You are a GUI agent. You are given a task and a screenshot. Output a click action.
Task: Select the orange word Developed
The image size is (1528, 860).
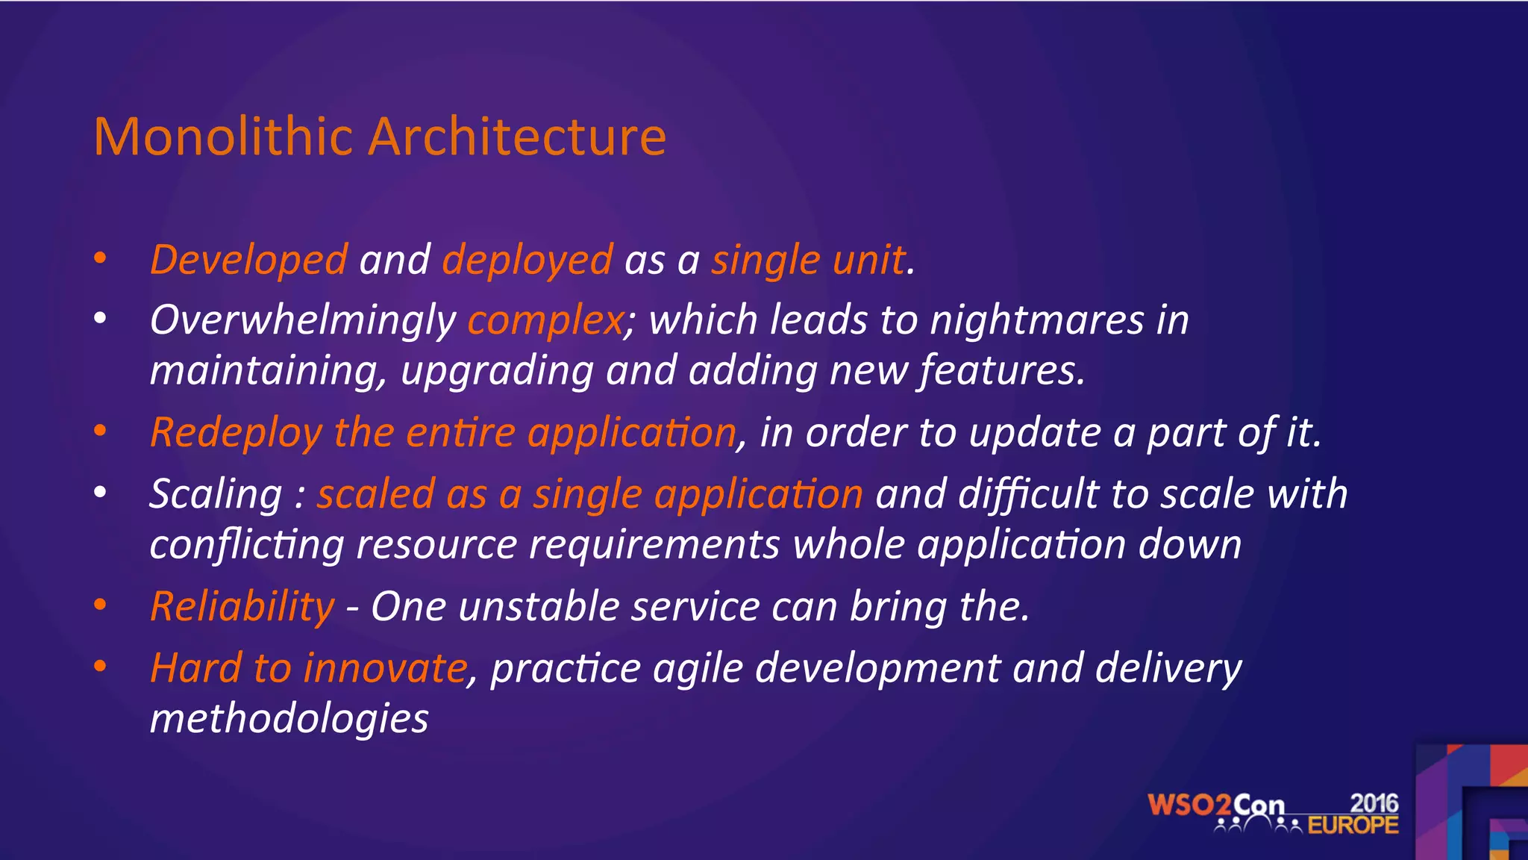[248, 261]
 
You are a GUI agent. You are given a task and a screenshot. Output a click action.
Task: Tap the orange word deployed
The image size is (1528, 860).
[527, 261]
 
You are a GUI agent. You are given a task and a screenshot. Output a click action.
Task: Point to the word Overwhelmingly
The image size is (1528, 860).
[302, 320]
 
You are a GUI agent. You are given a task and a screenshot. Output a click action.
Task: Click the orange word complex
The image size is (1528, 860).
[545, 320]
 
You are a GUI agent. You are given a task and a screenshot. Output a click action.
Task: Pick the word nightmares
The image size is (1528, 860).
[1037, 320]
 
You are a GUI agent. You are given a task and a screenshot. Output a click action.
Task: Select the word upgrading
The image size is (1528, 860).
[497, 371]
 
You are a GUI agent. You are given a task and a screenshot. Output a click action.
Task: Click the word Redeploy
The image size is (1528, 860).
[236, 433]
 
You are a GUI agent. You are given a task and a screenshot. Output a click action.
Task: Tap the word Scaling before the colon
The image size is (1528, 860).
[216, 494]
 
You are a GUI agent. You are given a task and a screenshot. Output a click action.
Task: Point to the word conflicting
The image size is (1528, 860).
[246, 545]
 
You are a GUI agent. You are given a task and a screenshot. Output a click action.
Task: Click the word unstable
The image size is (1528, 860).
[539, 606]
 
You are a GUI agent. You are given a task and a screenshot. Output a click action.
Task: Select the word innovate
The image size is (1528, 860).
[385, 668]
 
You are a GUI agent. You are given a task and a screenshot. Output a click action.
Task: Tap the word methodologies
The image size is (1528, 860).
[289, 719]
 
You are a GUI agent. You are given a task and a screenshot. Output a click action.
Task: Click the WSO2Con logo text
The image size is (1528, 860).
[1215, 806]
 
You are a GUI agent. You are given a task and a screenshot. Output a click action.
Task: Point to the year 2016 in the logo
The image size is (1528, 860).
[1374, 803]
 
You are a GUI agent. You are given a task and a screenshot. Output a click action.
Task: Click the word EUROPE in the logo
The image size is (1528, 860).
[1353, 826]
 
